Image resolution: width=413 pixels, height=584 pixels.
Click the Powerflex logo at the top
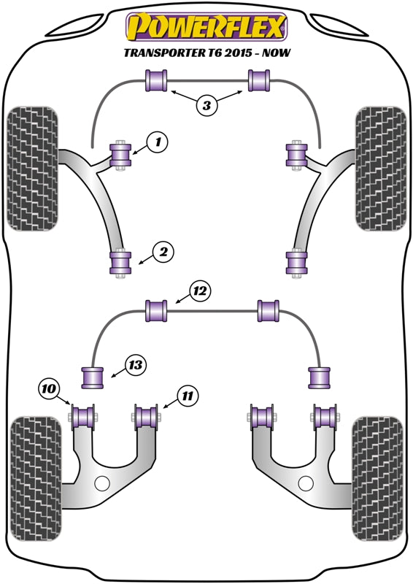click(206, 27)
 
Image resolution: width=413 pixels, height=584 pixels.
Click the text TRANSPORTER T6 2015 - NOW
click(206, 53)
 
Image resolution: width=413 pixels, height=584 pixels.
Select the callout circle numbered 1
click(157, 142)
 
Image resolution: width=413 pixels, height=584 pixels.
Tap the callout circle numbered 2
click(163, 253)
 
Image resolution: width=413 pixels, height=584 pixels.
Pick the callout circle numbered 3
click(206, 106)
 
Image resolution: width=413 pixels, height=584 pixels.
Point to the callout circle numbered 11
click(188, 396)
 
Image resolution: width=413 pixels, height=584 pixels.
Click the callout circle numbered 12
click(201, 292)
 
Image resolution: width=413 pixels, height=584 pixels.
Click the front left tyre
click(34, 169)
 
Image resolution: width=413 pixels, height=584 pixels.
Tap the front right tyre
click(379, 169)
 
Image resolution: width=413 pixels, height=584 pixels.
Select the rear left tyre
click(34, 474)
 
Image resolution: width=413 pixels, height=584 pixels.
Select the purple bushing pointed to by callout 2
click(120, 264)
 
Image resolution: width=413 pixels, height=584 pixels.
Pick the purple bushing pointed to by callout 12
click(156, 310)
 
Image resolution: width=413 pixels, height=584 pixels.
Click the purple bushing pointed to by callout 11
click(149, 417)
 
